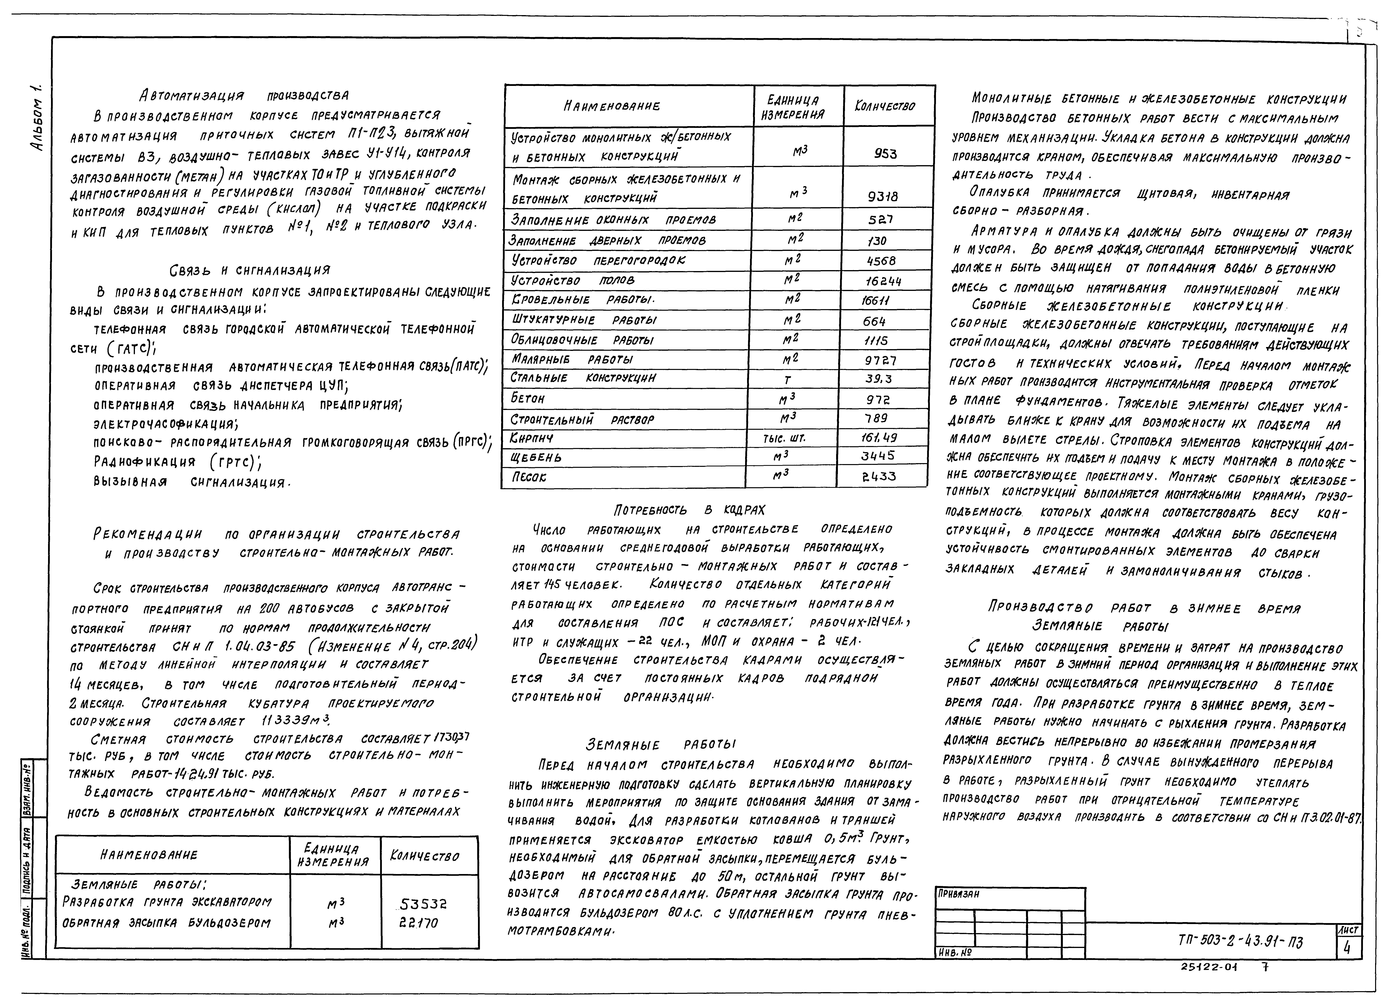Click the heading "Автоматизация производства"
244,96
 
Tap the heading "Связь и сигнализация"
249,270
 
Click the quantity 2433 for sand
879,476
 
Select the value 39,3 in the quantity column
878,379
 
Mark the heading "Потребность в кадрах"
689,510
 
